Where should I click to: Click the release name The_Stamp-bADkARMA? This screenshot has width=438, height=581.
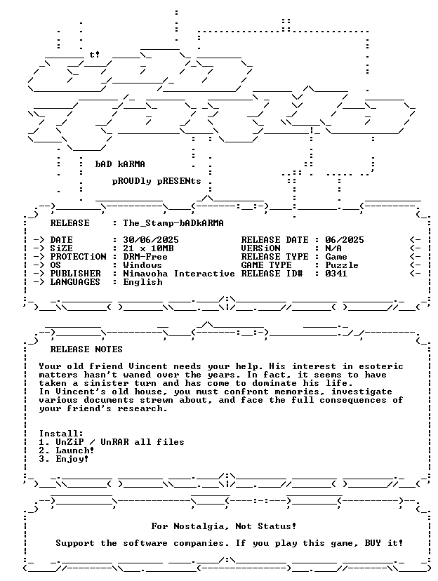tap(173, 223)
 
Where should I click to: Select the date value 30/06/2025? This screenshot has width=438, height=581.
tap(151, 240)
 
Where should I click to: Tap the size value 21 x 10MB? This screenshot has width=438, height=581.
tap(148, 248)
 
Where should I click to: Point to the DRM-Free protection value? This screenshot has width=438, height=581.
tap(145, 257)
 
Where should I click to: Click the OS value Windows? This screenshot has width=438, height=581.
tap(142, 265)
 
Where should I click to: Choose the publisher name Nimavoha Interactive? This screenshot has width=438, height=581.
tap(179, 274)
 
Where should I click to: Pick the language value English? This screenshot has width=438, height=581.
tap(142, 282)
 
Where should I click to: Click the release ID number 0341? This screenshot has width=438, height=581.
tap(336, 274)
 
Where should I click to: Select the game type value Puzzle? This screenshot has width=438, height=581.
tap(342, 265)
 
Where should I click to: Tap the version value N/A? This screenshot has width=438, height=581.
tap(333, 248)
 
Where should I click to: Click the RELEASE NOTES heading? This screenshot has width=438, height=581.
tap(86, 349)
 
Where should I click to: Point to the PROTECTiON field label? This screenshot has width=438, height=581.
tap(78, 257)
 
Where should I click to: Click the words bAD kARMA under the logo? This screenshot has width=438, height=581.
tap(120, 164)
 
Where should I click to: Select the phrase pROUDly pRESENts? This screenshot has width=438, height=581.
tap(157, 181)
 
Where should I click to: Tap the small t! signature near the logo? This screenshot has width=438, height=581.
tap(95, 55)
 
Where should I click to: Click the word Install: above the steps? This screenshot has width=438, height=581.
tap(61, 434)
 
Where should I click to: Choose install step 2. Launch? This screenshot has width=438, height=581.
tap(67, 450)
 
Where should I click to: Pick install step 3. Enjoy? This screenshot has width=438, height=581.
tap(64, 459)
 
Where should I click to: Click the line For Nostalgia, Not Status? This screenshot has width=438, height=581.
tap(224, 526)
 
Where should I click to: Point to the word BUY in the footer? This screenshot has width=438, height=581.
tap(373, 543)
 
